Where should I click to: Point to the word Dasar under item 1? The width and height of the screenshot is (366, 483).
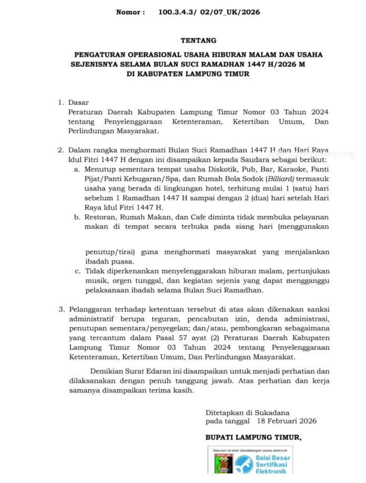click(x=79, y=102)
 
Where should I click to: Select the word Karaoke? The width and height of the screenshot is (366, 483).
click(x=291, y=169)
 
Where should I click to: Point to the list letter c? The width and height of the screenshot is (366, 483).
click(x=76, y=271)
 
